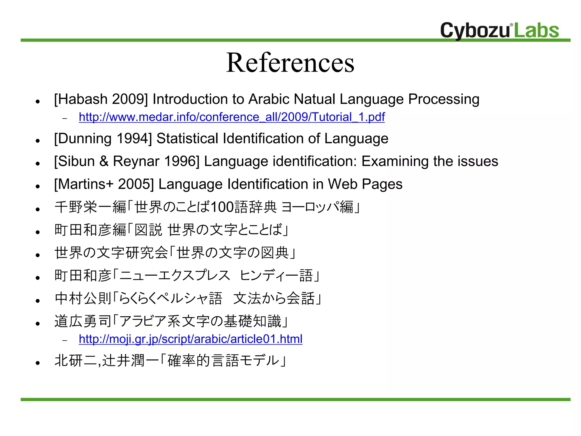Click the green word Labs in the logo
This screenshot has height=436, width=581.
click(536, 30)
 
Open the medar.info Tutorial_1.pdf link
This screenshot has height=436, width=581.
click(231, 117)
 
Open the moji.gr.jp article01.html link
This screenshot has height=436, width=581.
click(190, 339)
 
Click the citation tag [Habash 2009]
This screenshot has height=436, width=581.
click(101, 99)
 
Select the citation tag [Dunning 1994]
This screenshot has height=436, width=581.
click(103, 139)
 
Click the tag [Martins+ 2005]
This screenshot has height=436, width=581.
click(104, 184)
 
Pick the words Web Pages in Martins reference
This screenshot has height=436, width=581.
click(365, 184)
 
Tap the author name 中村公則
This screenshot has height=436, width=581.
click(83, 298)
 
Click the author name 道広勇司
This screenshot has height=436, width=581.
click(83, 321)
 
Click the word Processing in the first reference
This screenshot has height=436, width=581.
click(444, 99)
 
